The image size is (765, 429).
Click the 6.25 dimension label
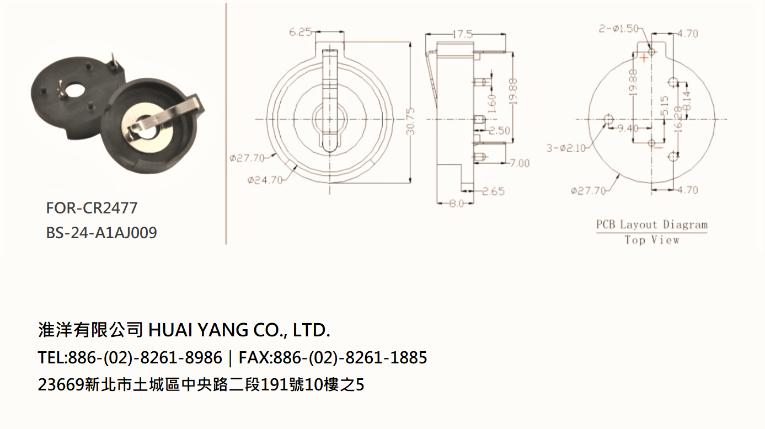tap(300, 32)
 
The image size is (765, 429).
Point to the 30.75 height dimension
tap(411, 121)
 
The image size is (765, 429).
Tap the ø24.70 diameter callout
tap(265, 180)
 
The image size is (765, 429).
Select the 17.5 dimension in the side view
tap(462, 34)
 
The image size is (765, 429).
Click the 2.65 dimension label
tap(493, 191)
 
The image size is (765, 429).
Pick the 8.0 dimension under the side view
tap(456, 203)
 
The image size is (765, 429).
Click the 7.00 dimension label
tap(520, 163)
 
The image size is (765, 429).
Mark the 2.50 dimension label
tap(499, 131)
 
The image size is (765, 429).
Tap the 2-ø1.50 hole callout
tap(618, 29)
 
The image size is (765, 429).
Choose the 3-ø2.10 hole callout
tap(566, 148)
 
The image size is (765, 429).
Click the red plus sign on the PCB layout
tap(644, 58)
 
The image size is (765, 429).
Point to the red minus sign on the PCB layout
tap(659, 148)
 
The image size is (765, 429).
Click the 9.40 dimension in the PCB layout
tap(628, 128)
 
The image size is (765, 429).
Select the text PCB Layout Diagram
tap(651, 225)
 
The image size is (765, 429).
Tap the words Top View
tap(652, 240)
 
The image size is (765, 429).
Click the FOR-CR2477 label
tap(92, 208)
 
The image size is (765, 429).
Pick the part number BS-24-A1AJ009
tap(101, 233)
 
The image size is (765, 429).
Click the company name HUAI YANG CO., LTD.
tap(239, 330)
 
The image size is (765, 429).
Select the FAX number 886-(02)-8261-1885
tap(350, 358)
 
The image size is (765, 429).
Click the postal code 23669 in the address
tap(61, 384)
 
